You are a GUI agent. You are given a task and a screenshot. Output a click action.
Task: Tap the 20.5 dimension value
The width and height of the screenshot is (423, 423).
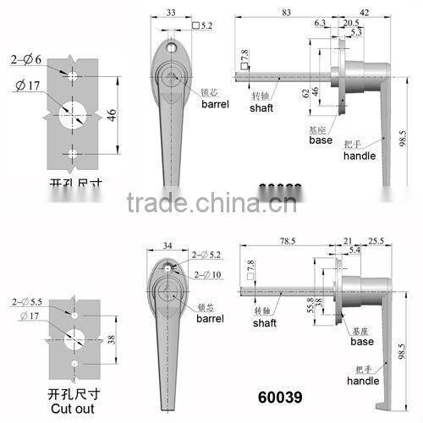click(x=350, y=24)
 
